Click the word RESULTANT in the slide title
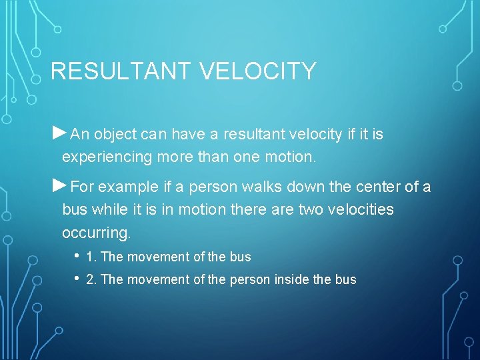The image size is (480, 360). tap(113, 71)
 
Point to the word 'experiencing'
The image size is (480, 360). tap(101, 158)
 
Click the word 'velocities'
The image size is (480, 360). tap(361, 210)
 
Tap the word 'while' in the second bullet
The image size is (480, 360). tap(107, 210)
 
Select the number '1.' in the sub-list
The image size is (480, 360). tap(91, 257)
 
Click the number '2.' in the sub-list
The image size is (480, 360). tap(91, 279)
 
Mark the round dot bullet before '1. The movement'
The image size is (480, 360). tap(77, 256)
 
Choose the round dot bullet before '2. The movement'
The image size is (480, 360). tap(77, 279)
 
